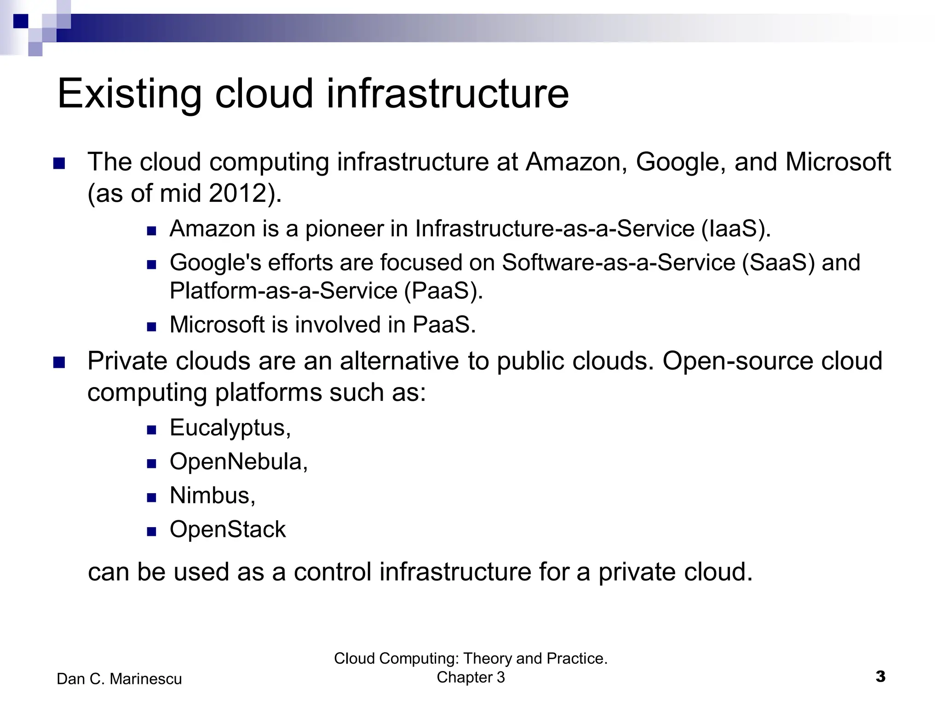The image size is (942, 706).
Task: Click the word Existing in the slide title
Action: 129,94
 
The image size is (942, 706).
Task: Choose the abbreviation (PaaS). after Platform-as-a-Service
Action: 443,291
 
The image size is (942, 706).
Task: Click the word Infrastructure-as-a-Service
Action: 554,229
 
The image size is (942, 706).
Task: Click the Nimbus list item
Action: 212,495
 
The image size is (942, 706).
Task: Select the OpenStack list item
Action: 228,529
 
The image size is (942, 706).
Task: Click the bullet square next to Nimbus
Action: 152,497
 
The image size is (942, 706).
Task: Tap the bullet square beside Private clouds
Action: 59,363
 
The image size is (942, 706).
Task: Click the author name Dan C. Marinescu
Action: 119,679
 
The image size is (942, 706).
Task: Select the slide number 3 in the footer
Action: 880,677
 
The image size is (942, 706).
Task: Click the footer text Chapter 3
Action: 471,677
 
